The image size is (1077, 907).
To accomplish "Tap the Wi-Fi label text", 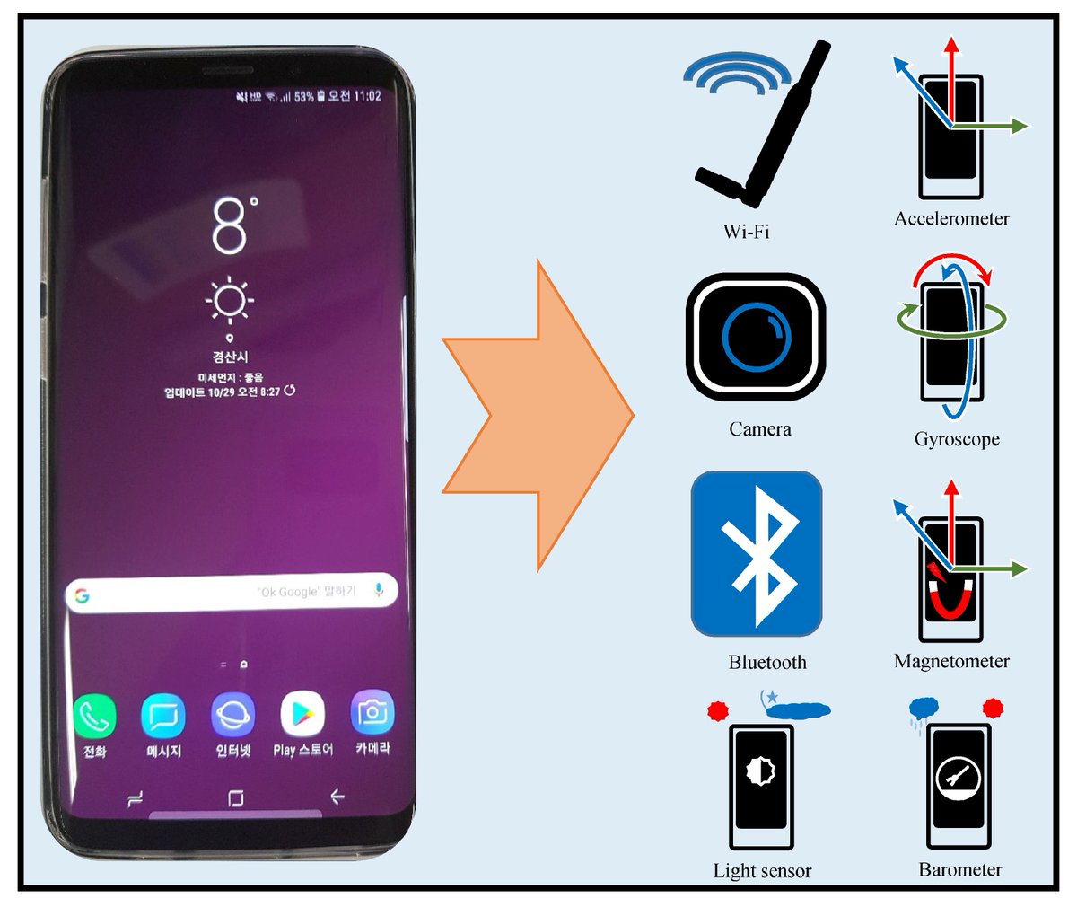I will pyautogui.click(x=747, y=232).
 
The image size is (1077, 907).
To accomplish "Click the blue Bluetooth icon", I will pyautogui.click(x=757, y=554).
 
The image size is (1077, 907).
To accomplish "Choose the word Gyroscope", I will pyautogui.click(x=957, y=439).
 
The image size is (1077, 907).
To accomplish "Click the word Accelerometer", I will pyautogui.click(x=951, y=218).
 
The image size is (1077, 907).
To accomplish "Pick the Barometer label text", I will pyautogui.click(x=959, y=869).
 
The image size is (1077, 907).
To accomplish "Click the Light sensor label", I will pyautogui.click(x=762, y=870).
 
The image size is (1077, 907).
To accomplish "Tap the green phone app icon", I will pyautogui.click(x=94, y=716).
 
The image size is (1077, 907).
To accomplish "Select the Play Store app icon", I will pyautogui.click(x=302, y=715).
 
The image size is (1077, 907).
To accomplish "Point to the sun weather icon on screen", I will pyautogui.click(x=230, y=299).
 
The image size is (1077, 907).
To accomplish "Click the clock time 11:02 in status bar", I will pyautogui.click(x=367, y=96).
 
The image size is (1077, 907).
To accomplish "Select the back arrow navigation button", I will pyautogui.click(x=337, y=797).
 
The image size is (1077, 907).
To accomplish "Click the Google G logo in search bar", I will pyautogui.click(x=83, y=595).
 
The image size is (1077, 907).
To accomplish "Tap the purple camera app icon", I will pyautogui.click(x=372, y=714).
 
